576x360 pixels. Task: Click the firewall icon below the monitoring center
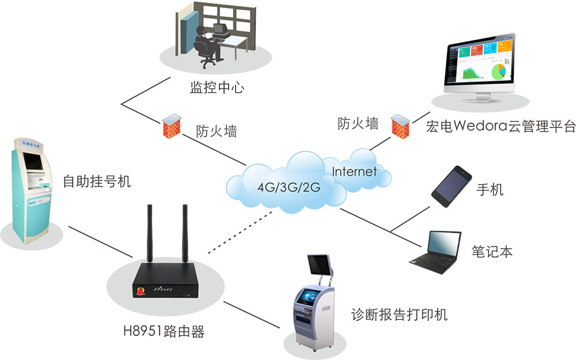(172, 126)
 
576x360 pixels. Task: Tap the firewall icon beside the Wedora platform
(400, 127)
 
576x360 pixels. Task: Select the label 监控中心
(217, 88)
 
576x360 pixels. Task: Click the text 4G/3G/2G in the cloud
(289, 187)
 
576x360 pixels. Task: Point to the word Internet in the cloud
(354, 172)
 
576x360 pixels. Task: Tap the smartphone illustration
(452, 186)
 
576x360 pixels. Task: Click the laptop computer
(435, 252)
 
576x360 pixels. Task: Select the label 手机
(490, 190)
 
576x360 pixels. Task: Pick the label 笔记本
(492, 252)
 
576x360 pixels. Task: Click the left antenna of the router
(150, 233)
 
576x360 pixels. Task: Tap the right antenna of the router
(185, 233)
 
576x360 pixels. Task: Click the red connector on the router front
(141, 291)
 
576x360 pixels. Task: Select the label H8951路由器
(164, 331)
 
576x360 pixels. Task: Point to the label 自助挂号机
(97, 181)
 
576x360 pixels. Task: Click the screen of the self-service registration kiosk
(33, 161)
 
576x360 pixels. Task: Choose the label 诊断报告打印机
(399, 315)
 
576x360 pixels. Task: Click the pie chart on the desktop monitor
(498, 71)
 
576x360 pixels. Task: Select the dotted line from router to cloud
(240, 233)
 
